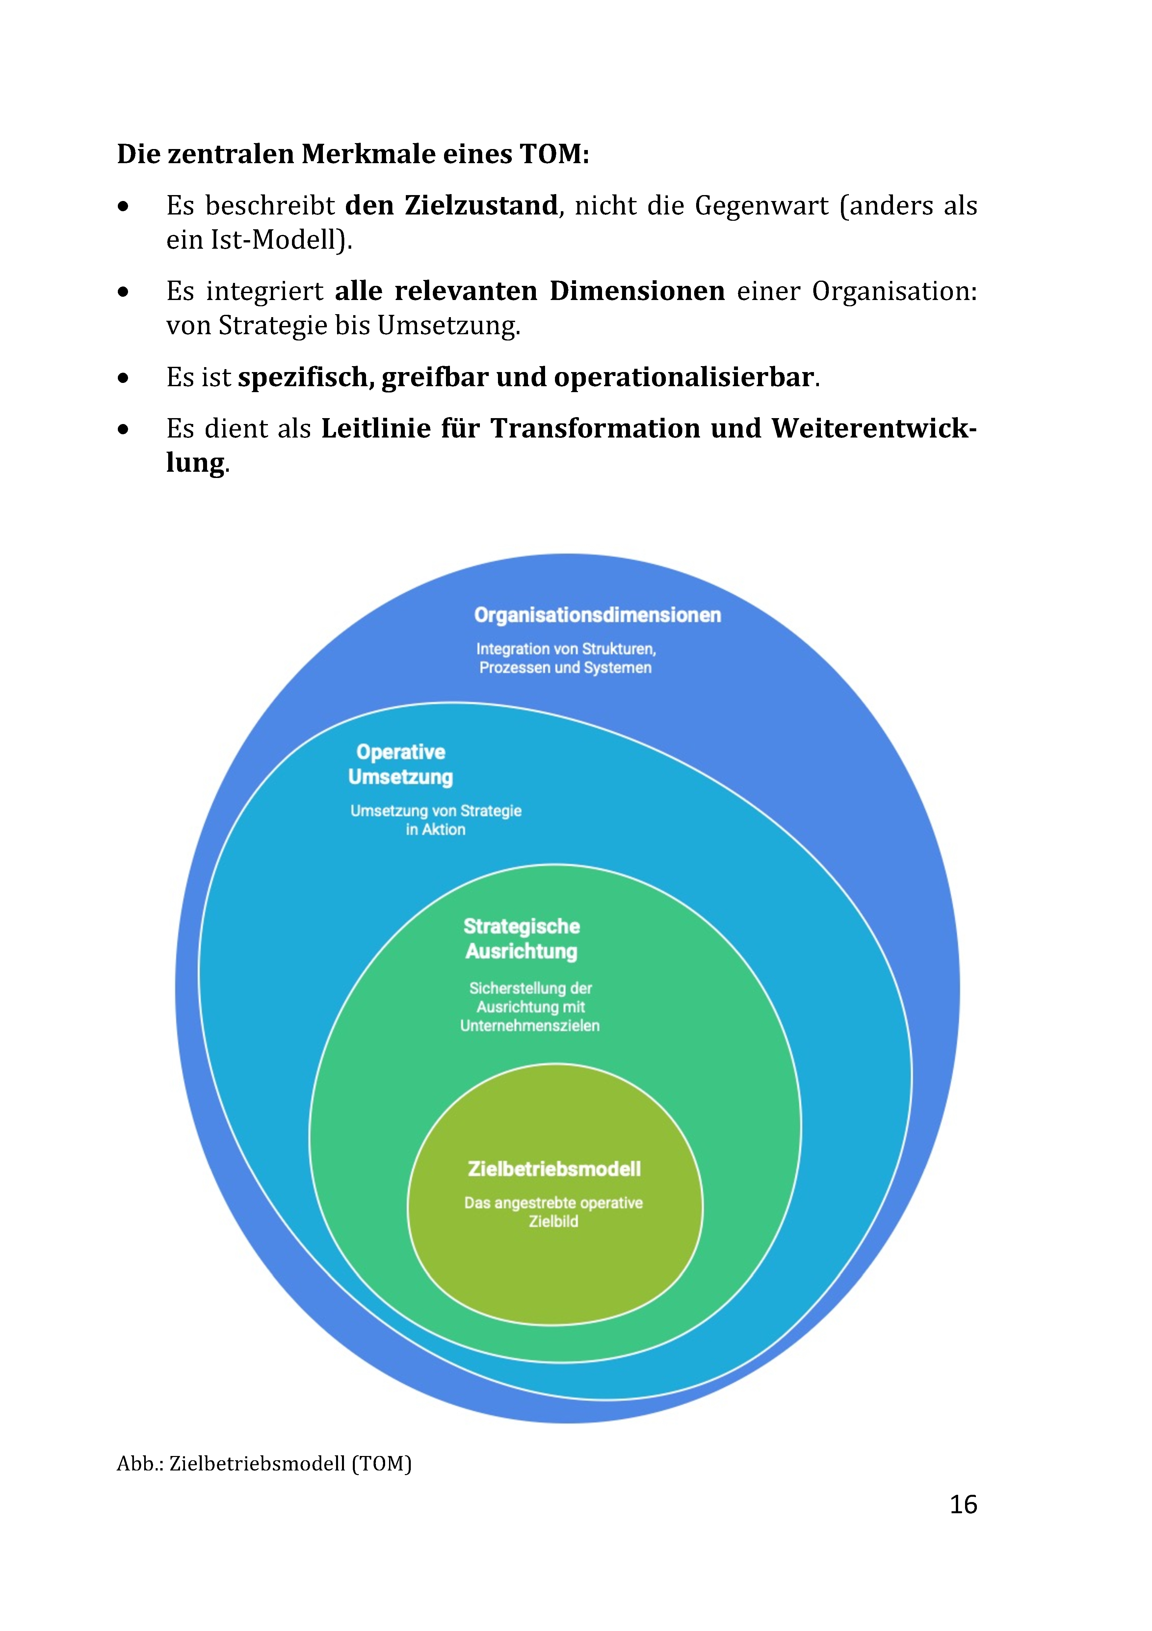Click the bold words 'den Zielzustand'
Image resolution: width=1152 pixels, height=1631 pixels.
tap(451, 206)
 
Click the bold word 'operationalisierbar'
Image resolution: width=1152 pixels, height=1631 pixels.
tap(684, 377)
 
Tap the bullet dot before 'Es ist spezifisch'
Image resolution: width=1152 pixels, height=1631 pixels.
tap(124, 378)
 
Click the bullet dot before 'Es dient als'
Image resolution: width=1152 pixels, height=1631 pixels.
tap(124, 429)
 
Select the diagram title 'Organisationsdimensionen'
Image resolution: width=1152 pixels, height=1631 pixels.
tap(597, 615)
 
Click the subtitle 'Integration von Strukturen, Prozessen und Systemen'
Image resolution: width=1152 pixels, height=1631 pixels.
tap(566, 658)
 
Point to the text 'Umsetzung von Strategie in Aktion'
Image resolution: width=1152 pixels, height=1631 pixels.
tap(436, 820)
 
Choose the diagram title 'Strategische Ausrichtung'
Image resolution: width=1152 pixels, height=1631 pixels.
tap(522, 939)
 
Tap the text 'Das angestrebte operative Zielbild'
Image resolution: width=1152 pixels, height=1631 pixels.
tap(554, 1212)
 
